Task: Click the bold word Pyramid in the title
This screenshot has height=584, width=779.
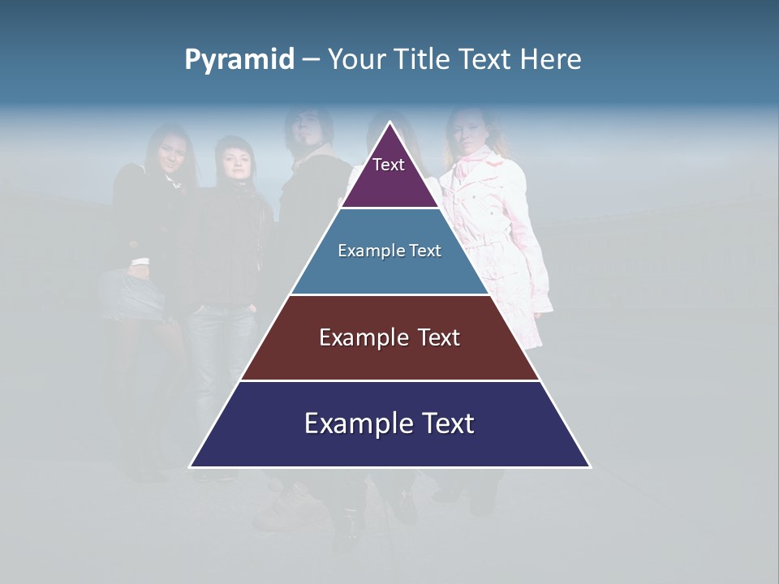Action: (x=239, y=60)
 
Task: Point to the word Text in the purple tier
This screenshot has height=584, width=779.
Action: (x=389, y=165)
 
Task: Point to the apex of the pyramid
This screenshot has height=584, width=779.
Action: (x=390, y=123)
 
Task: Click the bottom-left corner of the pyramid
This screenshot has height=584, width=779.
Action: (x=191, y=466)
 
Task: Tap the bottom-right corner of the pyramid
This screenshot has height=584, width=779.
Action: (x=590, y=466)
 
